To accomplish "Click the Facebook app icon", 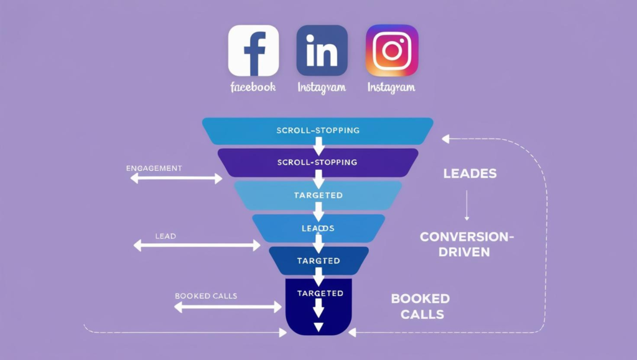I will [x=254, y=50].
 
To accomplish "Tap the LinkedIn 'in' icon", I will [x=322, y=50].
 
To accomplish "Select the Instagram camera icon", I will [x=392, y=50].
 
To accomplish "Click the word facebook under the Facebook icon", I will [x=253, y=87].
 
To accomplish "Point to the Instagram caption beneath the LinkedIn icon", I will [x=322, y=87].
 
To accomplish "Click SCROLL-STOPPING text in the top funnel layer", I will [x=318, y=131].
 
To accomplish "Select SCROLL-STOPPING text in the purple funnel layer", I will [x=318, y=162].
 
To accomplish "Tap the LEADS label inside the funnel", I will [x=318, y=228].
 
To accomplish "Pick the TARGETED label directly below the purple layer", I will [x=318, y=195].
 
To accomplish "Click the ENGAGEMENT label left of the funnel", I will [x=154, y=168].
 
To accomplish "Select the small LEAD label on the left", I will [x=165, y=236].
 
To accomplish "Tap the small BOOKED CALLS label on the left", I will [x=206, y=296].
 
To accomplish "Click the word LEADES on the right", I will [x=470, y=173].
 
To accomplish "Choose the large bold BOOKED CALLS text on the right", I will [x=421, y=306].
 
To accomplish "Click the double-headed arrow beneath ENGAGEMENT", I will [x=176, y=179].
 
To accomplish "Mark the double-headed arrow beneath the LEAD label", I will [x=197, y=246].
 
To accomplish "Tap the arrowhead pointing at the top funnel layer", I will [x=445, y=139].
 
